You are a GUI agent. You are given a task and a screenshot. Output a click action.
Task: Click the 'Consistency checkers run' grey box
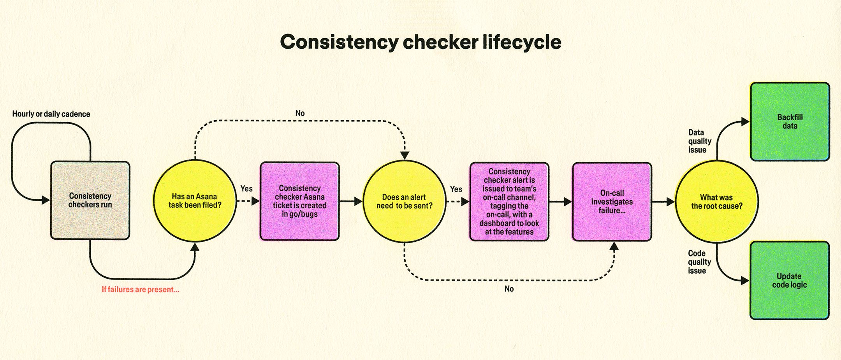pos(90,200)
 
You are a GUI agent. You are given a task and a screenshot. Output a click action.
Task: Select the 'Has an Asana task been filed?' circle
pos(195,200)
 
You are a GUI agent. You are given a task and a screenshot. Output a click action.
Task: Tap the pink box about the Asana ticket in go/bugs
pos(299,201)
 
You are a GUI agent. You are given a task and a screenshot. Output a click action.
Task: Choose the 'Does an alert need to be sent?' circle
pos(404,201)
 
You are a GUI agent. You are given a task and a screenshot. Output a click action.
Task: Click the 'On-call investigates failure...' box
pos(612,202)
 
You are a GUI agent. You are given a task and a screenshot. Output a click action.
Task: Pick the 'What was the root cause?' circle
pos(716,202)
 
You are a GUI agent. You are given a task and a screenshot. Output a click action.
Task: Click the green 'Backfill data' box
pos(790,121)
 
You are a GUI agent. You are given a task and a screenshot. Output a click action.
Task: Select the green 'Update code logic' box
pos(789,280)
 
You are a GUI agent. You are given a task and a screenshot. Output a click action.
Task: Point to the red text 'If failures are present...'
pos(140,290)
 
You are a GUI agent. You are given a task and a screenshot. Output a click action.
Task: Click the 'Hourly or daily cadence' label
pos(51,114)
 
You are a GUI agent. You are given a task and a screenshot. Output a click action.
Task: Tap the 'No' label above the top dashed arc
pos(300,113)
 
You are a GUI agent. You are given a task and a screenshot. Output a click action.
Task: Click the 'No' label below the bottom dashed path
pos(509,289)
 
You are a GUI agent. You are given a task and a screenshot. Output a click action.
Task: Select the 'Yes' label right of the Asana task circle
pos(246,189)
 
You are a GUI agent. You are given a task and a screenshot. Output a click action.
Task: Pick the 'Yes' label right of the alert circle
pos(456,189)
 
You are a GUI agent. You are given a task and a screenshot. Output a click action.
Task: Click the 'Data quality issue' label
pos(699,141)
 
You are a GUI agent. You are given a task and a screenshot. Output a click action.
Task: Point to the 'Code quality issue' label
pos(699,262)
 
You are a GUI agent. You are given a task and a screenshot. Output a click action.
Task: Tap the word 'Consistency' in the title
pos(339,42)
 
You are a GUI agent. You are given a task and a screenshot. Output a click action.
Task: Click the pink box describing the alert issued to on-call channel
pos(509,202)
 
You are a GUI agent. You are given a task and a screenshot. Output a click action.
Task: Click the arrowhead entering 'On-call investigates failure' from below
pos(614,246)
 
